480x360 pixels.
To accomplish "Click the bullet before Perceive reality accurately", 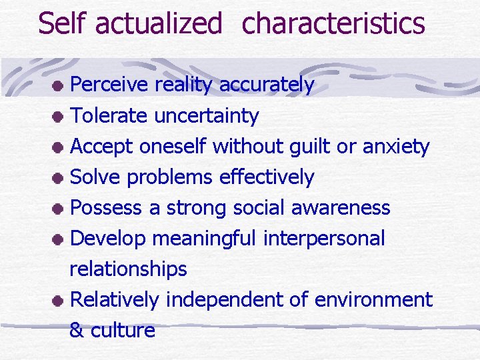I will tap(59, 87).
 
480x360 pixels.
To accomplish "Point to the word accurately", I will tap(267, 85).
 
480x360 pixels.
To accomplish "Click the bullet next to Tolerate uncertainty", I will tap(59, 117).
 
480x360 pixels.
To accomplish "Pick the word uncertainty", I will tap(207, 116).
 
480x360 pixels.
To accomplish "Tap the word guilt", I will tap(311, 146).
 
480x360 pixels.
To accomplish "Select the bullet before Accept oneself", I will tap(59, 148).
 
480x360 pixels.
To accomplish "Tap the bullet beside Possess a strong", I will tap(59, 209).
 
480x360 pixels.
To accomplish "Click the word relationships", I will tap(128, 269).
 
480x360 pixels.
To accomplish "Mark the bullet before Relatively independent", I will tap(59, 301).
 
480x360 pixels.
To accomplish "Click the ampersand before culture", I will tap(77, 331).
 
